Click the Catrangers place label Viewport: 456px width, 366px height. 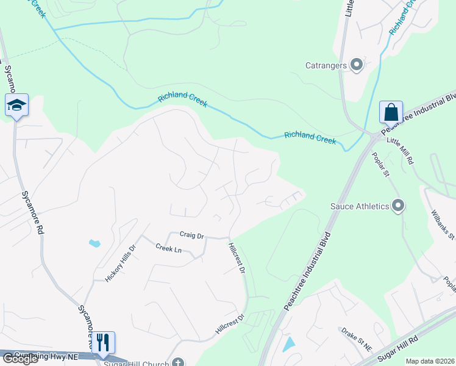326,65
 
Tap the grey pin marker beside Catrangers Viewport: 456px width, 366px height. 357,65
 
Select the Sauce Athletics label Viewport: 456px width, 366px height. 360,206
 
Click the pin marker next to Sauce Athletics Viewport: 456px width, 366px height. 399,206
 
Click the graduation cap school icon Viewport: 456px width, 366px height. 16,106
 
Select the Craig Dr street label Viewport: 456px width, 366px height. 191,235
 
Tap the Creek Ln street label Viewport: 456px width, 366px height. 168,248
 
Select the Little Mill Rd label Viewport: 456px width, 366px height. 400,151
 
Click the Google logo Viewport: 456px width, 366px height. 20,359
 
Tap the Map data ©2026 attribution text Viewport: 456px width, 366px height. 430,361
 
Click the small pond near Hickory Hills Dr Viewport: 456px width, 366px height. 94,243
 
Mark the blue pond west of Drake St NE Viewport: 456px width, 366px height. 289,344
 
